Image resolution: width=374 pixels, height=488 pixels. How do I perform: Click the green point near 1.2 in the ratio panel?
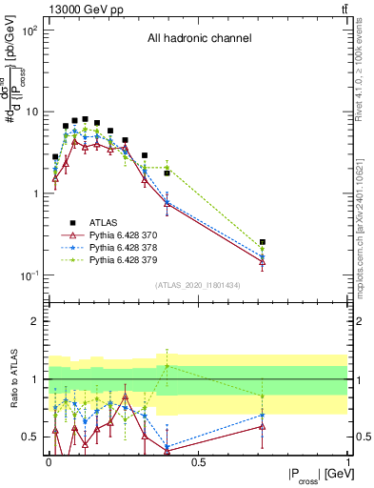point(167,366)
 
